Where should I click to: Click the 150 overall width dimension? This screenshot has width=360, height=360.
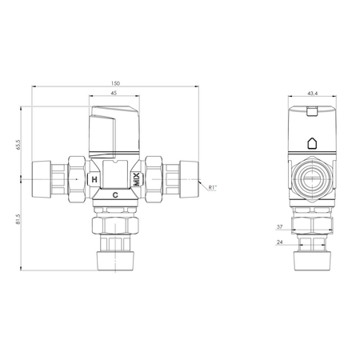click(x=115, y=83)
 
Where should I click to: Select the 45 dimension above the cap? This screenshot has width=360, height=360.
click(x=114, y=93)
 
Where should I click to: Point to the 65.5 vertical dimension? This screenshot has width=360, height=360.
click(x=18, y=144)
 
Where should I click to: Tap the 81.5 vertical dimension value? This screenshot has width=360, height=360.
click(x=18, y=219)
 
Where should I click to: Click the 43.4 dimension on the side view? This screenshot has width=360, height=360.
click(x=312, y=94)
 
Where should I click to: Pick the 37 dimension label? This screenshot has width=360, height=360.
click(x=279, y=227)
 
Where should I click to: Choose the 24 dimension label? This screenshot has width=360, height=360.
click(x=279, y=242)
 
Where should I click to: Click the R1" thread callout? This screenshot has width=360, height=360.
click(x=213, y=187)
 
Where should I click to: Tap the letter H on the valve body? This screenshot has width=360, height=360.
click(x=94, y=179)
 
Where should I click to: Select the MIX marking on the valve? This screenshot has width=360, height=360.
click(x=137, y=179)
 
